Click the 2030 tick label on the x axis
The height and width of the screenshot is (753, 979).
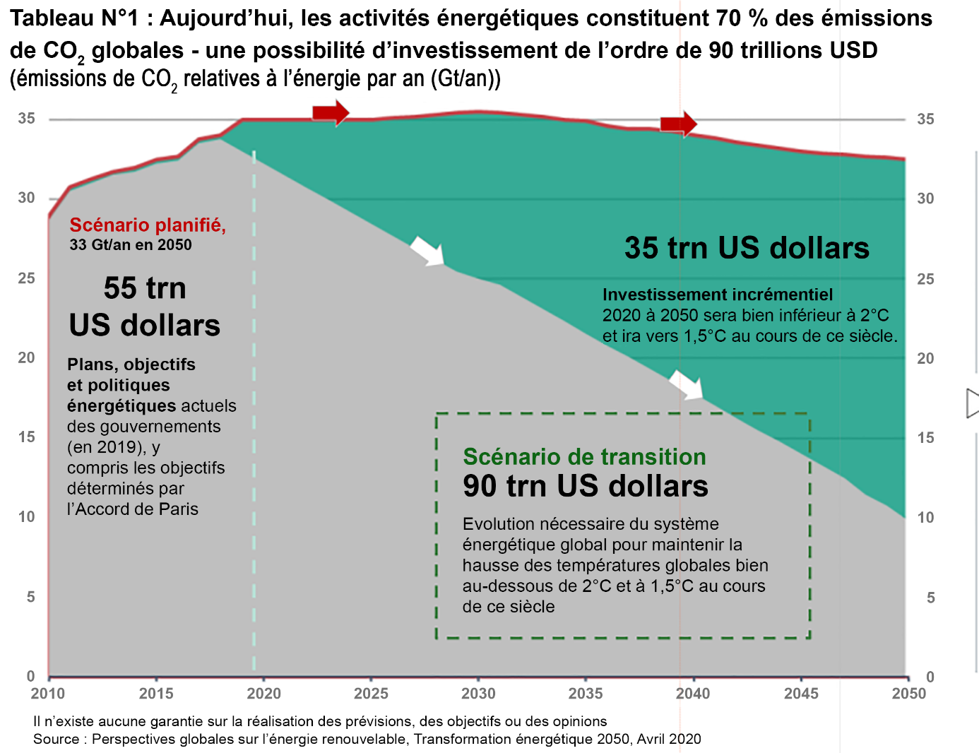click(x=478, y=694)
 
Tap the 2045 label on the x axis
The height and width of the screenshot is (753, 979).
click(x=801, y=694)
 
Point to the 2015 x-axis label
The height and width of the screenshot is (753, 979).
click(x=156, y=694)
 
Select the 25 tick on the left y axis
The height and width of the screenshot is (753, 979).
click(x=27, y=278)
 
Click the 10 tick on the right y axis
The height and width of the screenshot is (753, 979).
click(x=925, y=518)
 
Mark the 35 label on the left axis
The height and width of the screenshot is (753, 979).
click(x=27, y=119)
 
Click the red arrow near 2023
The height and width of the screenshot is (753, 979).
click(x=331, y=112)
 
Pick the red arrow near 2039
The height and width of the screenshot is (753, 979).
click(x=678, y=124)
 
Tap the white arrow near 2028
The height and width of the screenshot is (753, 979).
click(x=427, y=251)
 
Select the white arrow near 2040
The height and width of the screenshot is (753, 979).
click(x=686, y=385)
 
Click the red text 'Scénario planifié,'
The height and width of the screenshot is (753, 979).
click(x=148, y=225)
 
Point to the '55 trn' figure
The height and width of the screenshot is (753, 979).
click(x=145, y=288)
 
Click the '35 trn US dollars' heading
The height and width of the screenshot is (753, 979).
click(x=747, y=248)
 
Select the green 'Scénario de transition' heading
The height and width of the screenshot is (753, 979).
click(x=584, y=457)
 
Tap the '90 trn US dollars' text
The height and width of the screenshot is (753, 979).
click(x=586, y=487)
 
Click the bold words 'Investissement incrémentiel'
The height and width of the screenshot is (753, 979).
click(x=718, y=295)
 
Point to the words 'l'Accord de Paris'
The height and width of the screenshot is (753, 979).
click(x=133, y=509)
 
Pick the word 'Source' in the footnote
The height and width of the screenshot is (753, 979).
click(x=56, y=740)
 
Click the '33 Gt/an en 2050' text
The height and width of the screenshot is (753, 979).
click(x=131, y=245)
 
